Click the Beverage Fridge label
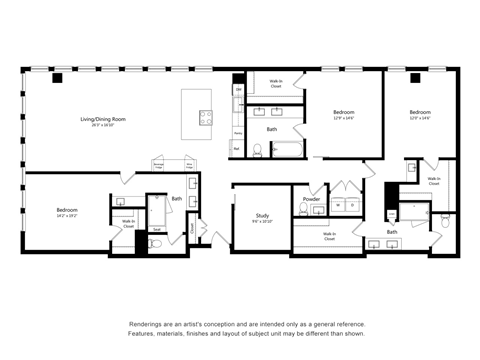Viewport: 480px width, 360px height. [159, 165]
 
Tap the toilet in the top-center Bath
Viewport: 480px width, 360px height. [257, 151]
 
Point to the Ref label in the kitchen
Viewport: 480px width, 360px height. [237, 148]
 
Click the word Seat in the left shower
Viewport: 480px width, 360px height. [157, 229]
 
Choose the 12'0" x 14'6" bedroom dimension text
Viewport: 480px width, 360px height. [420, 118]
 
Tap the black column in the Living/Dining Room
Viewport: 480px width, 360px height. [57, 78]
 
